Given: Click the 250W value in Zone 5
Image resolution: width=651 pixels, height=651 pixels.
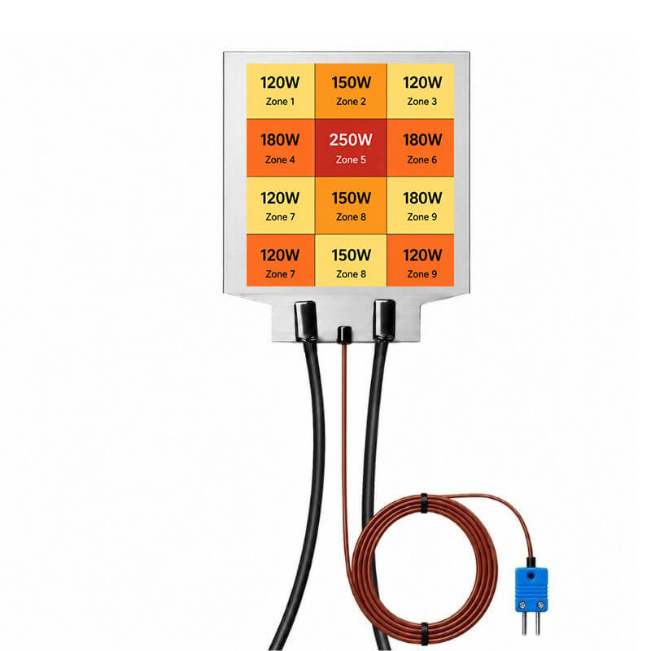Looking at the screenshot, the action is pyautogui.click(x=351, y=139).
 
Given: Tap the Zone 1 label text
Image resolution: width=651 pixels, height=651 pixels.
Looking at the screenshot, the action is pyautogui.click(x=280, y=101).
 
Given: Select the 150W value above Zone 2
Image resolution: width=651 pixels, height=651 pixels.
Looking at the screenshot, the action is pyautogui.click(x=351, y=82).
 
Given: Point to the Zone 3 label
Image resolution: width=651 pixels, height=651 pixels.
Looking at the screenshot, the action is pyautogui.click(x=422, y=101).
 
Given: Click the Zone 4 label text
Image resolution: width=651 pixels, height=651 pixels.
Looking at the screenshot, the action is pyautogui.click(x=280, y=159).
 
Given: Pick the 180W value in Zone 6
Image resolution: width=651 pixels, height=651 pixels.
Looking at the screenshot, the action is pyautogui.click(x=422, y=139).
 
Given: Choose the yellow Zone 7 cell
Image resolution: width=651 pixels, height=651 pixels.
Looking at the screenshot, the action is pyautogui.click(x=280, y=206).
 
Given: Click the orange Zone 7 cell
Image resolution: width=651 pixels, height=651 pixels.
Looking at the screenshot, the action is pyautogui.click(x=280, y=260).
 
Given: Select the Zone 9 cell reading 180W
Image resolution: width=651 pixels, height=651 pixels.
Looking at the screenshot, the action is pyautogui.click(x=421, y=206).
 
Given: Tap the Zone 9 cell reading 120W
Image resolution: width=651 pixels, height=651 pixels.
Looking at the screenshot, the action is pyautogui.click(x=421, y=260).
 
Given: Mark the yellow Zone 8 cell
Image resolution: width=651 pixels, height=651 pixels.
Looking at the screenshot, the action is pyautogui.click(x=351, y=260).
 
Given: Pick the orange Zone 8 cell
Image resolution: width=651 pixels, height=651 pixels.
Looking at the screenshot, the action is pyautogui.click(x=351, y=206).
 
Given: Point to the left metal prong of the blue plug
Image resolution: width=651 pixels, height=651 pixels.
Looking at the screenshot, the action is pyautogui.click(x=525, y=623).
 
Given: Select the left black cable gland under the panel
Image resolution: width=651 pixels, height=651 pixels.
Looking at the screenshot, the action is pyautogui.click(x=306, y=321).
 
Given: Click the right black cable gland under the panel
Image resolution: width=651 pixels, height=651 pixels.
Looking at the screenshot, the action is pyautogui.click(x=383, y=320).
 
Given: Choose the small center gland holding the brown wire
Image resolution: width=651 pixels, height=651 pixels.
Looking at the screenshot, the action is pyautogui.click(x=344, y=334).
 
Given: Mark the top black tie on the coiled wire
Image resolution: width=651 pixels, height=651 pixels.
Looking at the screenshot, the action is pyautogui.click(x=424, y=503).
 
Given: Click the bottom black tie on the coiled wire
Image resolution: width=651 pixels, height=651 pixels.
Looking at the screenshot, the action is pyautogui.click(x=424, y=633).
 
